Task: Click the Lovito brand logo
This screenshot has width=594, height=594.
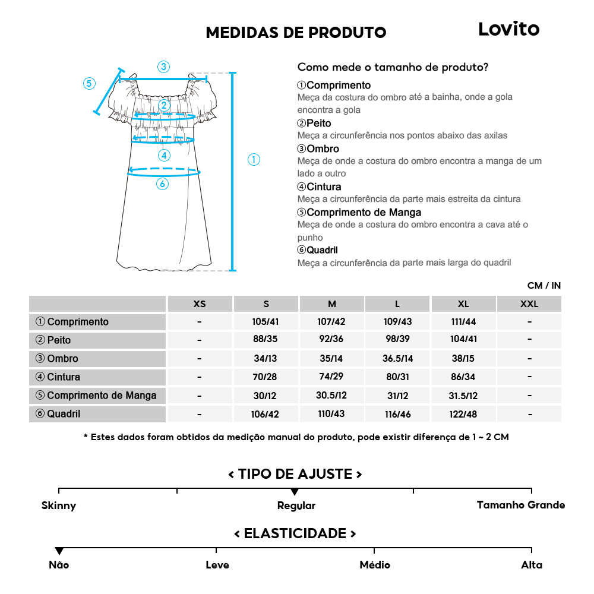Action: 509,29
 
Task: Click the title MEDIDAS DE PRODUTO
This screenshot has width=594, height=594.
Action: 296,33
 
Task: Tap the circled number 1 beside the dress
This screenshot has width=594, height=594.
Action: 254,159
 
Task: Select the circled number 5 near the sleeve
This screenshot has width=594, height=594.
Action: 89,83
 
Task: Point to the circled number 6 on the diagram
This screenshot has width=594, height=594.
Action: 162,184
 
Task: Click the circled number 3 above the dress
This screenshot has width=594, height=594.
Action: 163,67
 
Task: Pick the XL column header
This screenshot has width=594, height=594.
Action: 463,304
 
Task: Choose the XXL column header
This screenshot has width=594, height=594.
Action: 529,304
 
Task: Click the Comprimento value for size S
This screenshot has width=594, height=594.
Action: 266,322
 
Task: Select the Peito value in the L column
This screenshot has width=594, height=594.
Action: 397,340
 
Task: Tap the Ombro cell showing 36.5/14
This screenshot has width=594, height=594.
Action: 397,359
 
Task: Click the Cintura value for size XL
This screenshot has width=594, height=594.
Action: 463,377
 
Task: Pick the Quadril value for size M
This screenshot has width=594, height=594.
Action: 331,414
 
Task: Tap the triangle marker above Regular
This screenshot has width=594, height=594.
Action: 295,492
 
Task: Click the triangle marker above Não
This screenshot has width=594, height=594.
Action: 59,551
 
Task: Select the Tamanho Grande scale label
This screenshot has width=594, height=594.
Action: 520,505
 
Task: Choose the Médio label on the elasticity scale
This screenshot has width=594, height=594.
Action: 375,565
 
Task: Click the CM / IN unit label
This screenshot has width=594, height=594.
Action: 544,286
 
